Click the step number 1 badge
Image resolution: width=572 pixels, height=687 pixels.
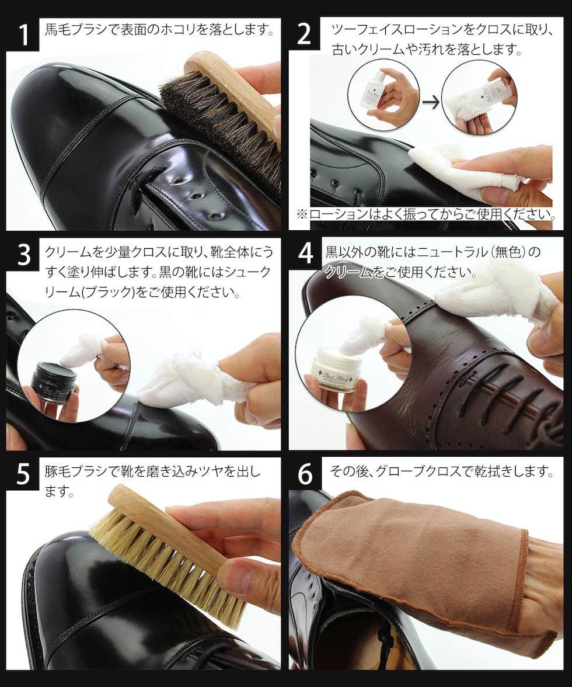click(22, 34)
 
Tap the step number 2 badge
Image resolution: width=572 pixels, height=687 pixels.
click(305, 34)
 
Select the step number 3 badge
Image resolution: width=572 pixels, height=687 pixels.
click(22, 255)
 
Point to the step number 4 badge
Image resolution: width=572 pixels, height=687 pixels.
click(305, 255)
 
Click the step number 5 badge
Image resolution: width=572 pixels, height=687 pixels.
click(22, 474)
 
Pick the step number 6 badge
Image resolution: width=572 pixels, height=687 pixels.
click(305, 474)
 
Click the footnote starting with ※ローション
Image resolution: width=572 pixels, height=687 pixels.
click(426, 215)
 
